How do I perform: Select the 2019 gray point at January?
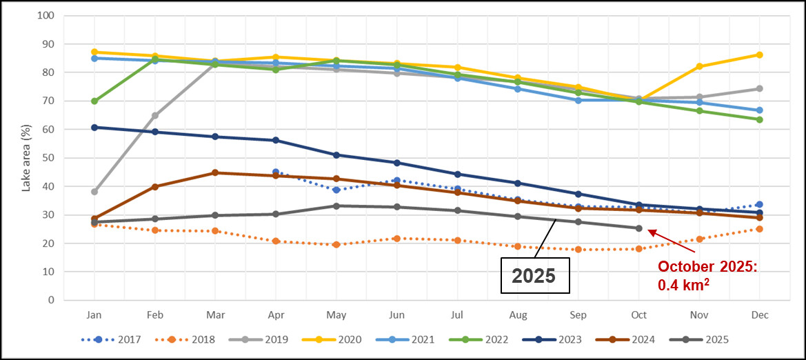94,192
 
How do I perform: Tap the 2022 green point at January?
94,101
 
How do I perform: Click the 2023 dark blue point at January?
94,128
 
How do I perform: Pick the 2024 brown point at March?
215,172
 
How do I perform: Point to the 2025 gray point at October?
639,228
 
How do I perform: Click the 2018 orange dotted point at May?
336,244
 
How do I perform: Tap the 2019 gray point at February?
155,116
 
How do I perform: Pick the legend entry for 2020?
338,339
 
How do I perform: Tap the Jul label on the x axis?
457,314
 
